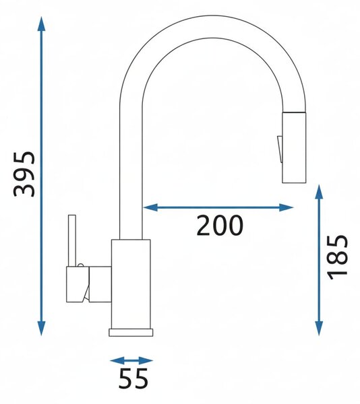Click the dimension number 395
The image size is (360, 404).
24,174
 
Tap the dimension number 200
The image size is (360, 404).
220,226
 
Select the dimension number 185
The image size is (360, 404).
337,257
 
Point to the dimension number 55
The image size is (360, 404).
133,378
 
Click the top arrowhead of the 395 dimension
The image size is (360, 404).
41,24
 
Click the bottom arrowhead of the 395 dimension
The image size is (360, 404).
41,329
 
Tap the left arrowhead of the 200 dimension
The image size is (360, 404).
150,207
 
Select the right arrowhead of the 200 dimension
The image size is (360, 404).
286,207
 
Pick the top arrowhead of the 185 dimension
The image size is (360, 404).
320,192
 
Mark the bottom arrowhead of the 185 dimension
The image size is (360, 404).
320,329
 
